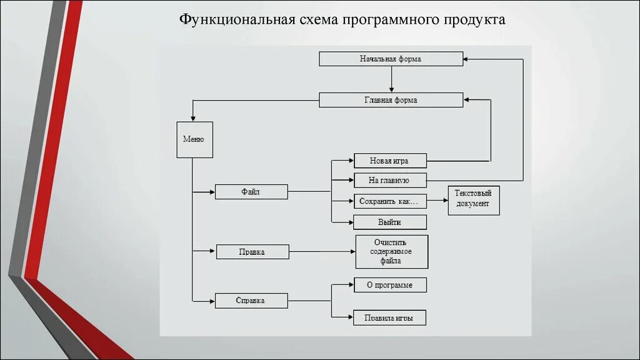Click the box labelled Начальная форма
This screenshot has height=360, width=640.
click(391, 59)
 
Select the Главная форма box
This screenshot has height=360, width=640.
click(391, 99)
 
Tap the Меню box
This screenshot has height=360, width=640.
click(194, 139)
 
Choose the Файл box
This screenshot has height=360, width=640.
click(251, 192)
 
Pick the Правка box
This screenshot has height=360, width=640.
click(252, 252)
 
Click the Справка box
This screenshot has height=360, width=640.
click(251, 301)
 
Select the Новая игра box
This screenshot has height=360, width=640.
click(390, 161)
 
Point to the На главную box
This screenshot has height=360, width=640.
click(390, 181)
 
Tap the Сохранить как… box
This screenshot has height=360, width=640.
click(390, 201)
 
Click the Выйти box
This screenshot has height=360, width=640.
click(390, 222)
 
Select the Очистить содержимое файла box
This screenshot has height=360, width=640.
click(391, 251)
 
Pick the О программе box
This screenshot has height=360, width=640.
click(390, 285)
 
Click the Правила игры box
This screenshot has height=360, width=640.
click(390, 317)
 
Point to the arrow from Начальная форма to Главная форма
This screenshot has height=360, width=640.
click(391, 79)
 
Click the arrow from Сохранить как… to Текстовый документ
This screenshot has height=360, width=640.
click(437, 201)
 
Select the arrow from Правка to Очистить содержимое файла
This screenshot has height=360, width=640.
click(322, 252)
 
